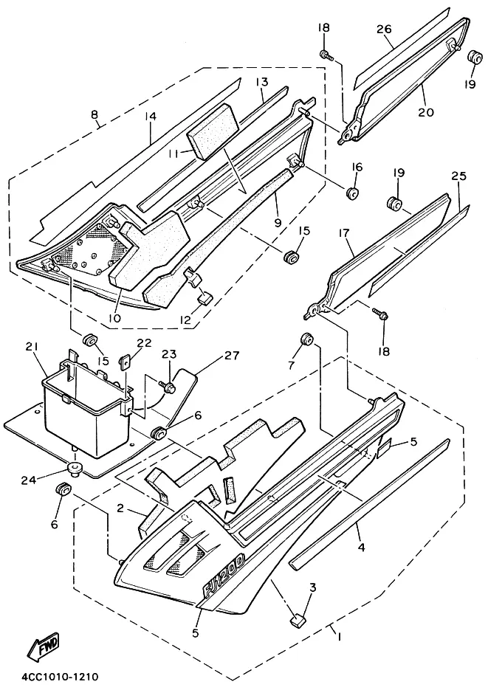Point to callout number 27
pos(232,355)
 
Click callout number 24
pos(30,479)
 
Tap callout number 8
pos(94,114)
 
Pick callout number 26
pos(384,29)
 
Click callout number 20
pos(425,111)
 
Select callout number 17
pos(346,234)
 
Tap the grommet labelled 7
pos(306,340)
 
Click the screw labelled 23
pos(168,387)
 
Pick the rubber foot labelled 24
pos(75,469)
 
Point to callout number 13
pos(261,82)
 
